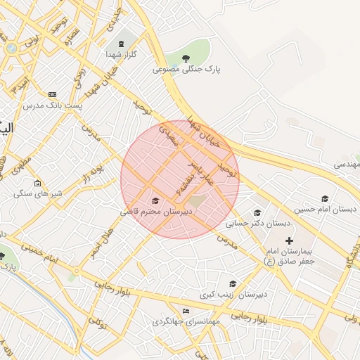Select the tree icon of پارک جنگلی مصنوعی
(x=186, y=58)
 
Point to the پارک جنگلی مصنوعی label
(x=186, y=70)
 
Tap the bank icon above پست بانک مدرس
(x=51, y=94)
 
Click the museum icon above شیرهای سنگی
(x=37, y=183)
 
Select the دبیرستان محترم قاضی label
(x=155, y=211)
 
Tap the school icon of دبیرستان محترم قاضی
(x=155, y=201)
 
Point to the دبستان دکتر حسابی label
(x=257, y=224)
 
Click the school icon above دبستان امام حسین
(x=324, y=199)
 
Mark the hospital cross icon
(x=289, y=240)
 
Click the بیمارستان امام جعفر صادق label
(x=289, y=255)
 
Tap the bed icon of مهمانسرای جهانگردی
(x=186, y=311)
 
